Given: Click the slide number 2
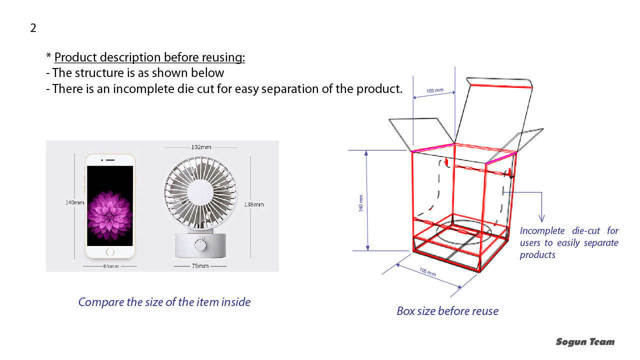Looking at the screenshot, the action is coord(33,28).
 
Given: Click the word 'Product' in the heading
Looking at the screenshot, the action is coord(75,57).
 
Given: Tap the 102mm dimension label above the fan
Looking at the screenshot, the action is coord(201,147).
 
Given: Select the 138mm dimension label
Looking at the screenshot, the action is coord(253,204).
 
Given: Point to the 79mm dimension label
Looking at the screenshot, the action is coord(200,266).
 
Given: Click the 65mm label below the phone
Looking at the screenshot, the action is coord(111,266).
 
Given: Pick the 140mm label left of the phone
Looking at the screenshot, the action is coord(74,202).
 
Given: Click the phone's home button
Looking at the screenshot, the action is coord(110,252).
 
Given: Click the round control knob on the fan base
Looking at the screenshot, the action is coord(200,245).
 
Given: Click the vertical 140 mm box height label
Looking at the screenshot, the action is coord(361,203).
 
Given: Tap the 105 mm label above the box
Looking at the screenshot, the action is coord(435,90).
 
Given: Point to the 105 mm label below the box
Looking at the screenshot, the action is coord(427,271).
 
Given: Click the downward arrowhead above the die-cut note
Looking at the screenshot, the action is coord(541,218).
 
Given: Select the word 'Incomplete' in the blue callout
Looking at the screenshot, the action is coord(542,230).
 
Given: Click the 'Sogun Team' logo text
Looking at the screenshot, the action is coord(585,341).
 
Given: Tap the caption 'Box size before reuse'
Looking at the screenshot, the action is coord(447,311).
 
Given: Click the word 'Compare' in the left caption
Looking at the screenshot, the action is coord(101,302).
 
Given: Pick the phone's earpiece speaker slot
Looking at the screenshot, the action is coord(110,160).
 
